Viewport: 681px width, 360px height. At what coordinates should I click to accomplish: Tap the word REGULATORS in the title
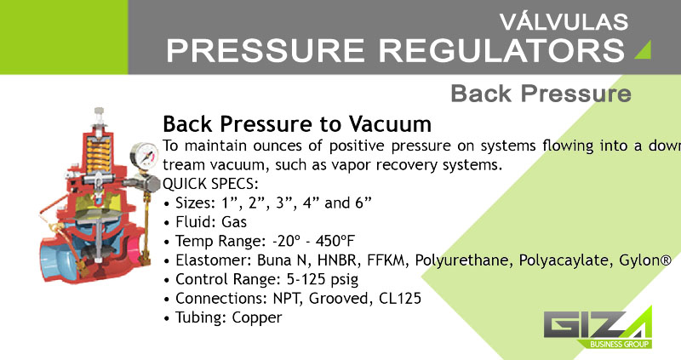point(501,50)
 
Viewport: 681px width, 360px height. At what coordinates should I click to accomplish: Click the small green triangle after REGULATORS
point(643,49)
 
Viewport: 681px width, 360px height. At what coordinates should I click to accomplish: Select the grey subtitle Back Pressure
point(541,94)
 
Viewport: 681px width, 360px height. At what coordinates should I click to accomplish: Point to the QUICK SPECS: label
point(210,184)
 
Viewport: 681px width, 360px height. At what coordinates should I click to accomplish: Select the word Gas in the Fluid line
point(234,222)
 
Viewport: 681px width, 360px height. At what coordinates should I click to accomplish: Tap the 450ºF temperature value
point(335,241)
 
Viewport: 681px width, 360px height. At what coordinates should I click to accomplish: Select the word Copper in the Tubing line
point(257,318)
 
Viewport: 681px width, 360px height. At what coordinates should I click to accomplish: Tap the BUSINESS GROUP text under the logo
point(620,345)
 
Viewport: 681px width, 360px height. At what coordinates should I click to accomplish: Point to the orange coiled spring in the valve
point(98,154)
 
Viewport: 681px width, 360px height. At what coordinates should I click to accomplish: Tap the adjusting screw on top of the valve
point(100,116)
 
